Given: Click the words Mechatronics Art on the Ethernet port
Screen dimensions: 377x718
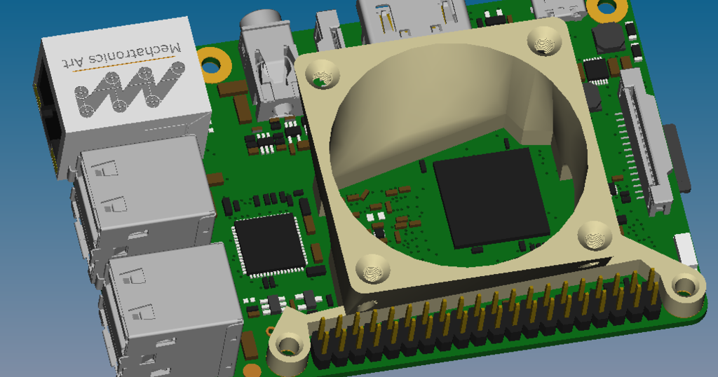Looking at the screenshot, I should coord(125,55).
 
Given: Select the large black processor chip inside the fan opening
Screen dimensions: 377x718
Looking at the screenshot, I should coord(491,197).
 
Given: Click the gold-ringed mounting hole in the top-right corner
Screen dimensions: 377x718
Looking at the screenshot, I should coord(607,8).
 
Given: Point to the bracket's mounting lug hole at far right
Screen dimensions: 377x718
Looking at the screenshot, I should coord(683,285).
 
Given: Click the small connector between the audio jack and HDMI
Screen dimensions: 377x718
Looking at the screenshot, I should coord(329,32).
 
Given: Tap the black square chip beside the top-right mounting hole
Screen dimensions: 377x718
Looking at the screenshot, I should coord(608,36).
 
